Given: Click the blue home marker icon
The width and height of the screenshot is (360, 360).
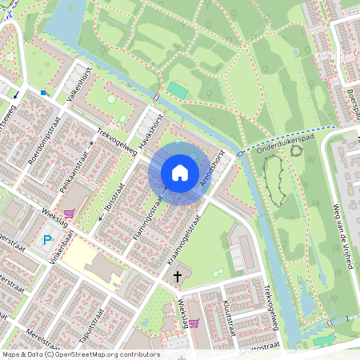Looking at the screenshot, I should pos(179,173).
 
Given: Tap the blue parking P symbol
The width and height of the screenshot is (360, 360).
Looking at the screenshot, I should pos(47,240).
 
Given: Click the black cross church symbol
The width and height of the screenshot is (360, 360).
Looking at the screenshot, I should pos(177,276).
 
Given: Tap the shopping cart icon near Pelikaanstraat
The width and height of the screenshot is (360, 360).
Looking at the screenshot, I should pos(69,214).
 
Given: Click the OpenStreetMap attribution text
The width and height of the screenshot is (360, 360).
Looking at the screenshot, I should pos(81,354).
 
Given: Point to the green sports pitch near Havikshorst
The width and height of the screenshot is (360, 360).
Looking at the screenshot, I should pos(177,91).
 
